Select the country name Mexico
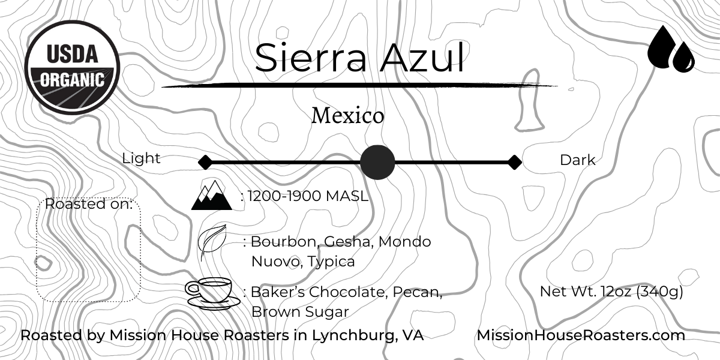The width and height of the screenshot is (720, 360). pyautogui.click(x=347, y=116)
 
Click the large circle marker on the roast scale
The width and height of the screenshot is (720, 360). pyautogui.click(x=377, y=162)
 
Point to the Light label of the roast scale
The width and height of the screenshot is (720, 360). pyautogui.click(x=141, y=158)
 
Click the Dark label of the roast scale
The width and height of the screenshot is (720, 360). pyautogui.click(x=577, y=160)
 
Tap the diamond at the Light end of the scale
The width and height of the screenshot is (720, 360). pyautogui.click(x=205, y=162)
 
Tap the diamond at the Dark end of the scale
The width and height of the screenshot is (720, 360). pyautogui.click(x=514, y=162)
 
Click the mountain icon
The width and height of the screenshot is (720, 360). pyautogui.click(x=211, y=196)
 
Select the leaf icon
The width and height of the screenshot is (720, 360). pyautogui.click(x=212, y=242)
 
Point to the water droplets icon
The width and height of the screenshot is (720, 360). pyautogui.click(x=671, y=49)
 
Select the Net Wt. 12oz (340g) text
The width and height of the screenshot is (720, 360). pyautogui.click(x=611, y=292)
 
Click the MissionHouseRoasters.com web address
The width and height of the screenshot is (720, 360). pyautogui.click(x=581, y=335)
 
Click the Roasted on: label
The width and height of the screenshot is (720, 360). pyautogui.click(x=89, y=204)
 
